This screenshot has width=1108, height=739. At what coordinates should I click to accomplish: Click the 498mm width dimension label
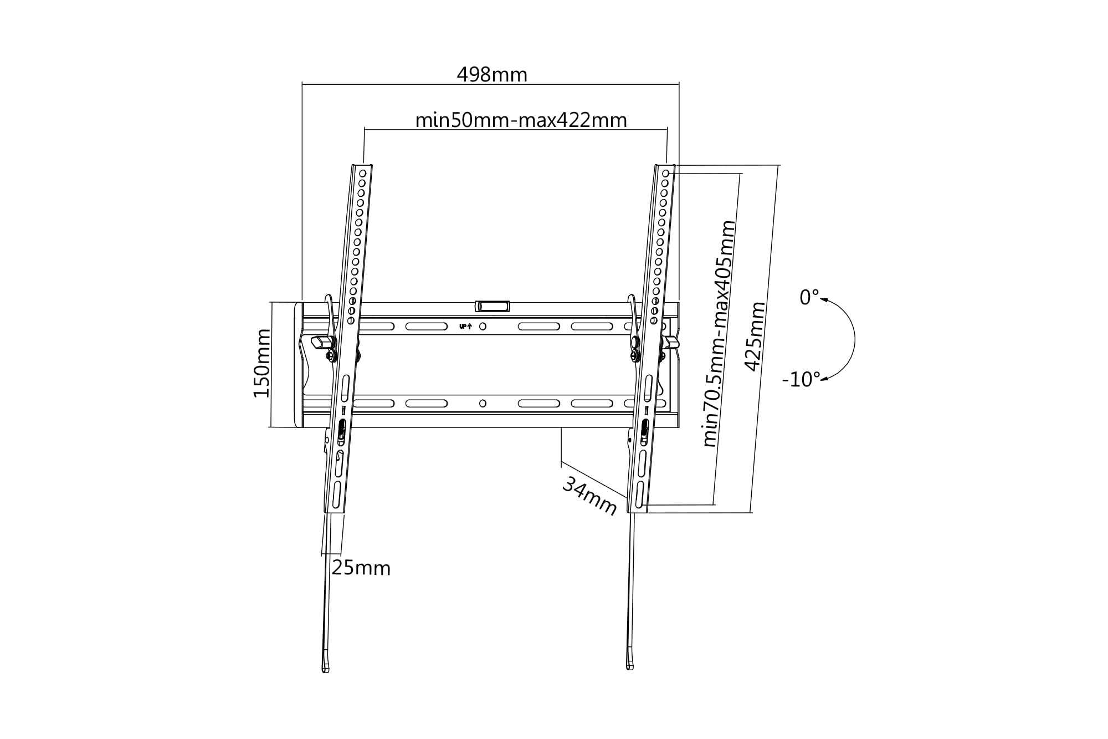click(492, 74)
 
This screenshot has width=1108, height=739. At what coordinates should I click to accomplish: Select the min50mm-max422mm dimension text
click(521, 120)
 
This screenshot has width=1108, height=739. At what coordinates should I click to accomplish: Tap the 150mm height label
click(262, 363)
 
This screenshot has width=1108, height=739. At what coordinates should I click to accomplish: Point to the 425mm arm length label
click(755, 336)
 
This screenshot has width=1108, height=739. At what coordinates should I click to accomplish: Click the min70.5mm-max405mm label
click(719, 334)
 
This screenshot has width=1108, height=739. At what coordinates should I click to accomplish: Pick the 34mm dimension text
click(589, 496)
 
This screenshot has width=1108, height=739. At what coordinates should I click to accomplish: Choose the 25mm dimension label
click(361, 568)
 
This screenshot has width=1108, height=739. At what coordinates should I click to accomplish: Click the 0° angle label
click(809, 298)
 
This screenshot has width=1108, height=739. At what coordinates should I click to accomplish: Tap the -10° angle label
click(801, 380)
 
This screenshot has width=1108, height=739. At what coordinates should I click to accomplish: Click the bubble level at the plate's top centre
click(492, 306)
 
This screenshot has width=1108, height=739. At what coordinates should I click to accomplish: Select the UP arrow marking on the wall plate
click(465, 327)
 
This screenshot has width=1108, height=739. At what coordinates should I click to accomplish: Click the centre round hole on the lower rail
click(483, 404)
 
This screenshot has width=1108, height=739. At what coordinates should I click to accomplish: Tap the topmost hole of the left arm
click(362, 174)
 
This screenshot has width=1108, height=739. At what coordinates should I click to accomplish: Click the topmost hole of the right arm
click(665, 174)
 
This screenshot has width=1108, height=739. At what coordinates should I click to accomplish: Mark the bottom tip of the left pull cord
click(326, 671)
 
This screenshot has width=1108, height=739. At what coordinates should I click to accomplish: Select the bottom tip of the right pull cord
click(630, 668)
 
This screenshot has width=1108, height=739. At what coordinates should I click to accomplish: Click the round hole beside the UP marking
click(483, 327)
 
